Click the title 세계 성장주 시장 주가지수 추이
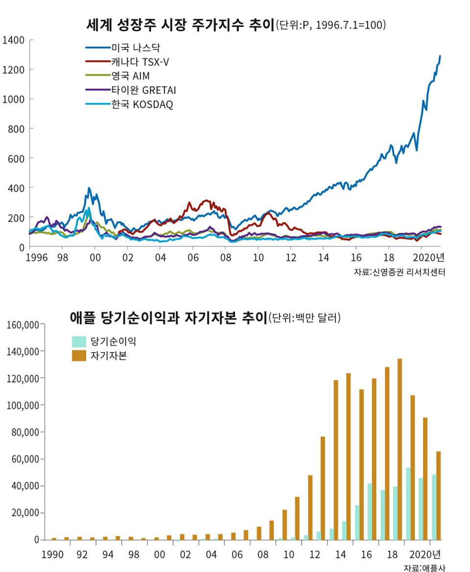(179, 25)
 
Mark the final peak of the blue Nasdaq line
(440, 56)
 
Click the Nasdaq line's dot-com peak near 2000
(89, 188)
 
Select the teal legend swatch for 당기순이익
(79, 341)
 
